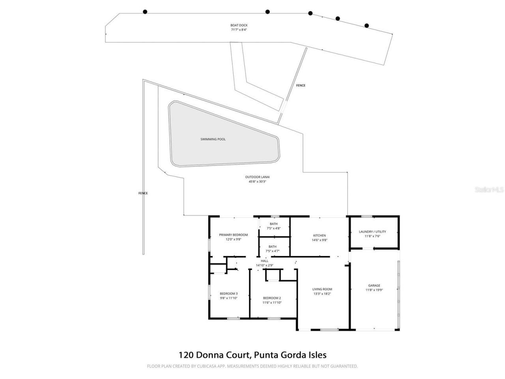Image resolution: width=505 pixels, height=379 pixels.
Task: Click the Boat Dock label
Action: [239, 25]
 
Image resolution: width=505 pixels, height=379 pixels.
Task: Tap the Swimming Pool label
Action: [213, 139]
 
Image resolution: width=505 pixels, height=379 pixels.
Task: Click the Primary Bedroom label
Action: [234, 235]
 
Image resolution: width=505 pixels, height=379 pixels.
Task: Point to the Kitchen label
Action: [320, 236]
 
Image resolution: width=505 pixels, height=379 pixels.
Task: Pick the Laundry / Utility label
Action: [372, 232]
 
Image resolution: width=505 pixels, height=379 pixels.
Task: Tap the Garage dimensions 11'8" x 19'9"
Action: [374, 290]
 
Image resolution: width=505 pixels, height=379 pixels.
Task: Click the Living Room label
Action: [322, 289]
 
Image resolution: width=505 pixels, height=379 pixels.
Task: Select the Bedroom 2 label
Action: [272, 298]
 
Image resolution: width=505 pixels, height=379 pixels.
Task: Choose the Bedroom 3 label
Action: [229, 293]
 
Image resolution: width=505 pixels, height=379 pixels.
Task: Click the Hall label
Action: [265, 261]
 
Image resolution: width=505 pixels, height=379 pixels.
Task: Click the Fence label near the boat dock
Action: [301, 85]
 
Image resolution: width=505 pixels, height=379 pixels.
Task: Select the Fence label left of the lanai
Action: [143, 193]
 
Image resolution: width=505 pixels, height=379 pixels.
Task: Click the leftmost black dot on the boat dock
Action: [145, 12]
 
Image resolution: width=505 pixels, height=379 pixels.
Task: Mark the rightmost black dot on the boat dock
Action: [367, 26]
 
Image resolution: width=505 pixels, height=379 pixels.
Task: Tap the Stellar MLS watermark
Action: [489, 189]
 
